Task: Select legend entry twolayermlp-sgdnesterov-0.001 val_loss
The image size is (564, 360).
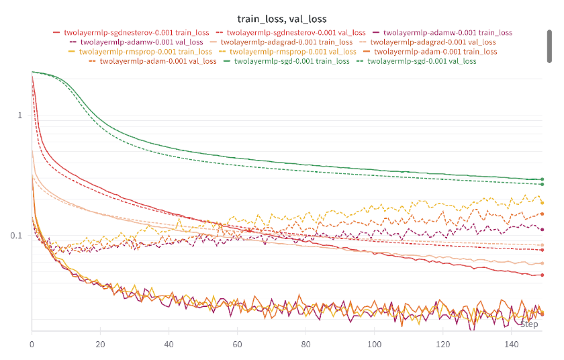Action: [x=296, y=32]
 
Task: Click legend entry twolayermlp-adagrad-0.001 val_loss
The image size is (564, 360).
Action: [x=444, y=42]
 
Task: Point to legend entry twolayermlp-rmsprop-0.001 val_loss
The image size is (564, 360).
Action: [x=293, y=51]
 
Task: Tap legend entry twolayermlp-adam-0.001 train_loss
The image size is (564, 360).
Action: [x=436, y=51]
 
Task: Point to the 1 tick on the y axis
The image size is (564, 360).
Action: [x=20, y=116]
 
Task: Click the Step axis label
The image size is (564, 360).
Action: [x=529, y=324]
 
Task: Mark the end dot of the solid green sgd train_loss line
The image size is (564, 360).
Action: [x=542, y=179]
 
